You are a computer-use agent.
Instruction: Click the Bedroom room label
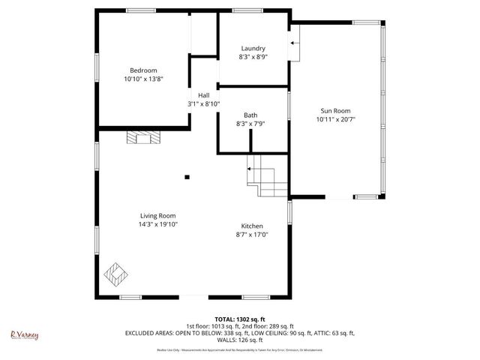pos(143,70)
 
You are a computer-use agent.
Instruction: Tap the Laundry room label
pos(253,48)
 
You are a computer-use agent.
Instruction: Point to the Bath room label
pos(250,115)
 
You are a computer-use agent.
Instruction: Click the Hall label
pos(203,95)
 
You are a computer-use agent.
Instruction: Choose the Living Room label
pos(157,215)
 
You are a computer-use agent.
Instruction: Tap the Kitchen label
pos(252,226)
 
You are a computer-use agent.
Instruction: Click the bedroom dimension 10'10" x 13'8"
pos(143,79)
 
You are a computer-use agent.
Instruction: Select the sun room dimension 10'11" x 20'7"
pos(334,119)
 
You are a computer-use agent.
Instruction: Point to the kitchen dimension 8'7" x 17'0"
pos(252,235)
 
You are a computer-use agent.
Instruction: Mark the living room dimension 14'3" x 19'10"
pos(157,223)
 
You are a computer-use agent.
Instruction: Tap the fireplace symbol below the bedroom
pos(143,136)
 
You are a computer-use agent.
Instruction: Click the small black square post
pos(187,177)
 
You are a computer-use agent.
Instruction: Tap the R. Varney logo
pos(24,335)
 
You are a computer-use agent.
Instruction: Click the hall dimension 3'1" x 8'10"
pos(203,103)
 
